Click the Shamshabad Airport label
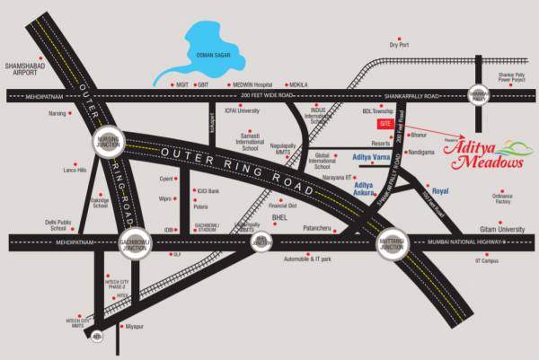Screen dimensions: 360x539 tap(24, 71)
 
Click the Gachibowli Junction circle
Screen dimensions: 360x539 tap(132, 241)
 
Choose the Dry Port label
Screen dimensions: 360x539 tap(399, 45)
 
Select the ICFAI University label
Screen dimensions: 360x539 tap(241, 111)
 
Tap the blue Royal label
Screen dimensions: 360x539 tap(440, 190)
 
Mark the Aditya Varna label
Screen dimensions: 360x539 tap(367, 157)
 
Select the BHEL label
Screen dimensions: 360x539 tap(280, 217)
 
